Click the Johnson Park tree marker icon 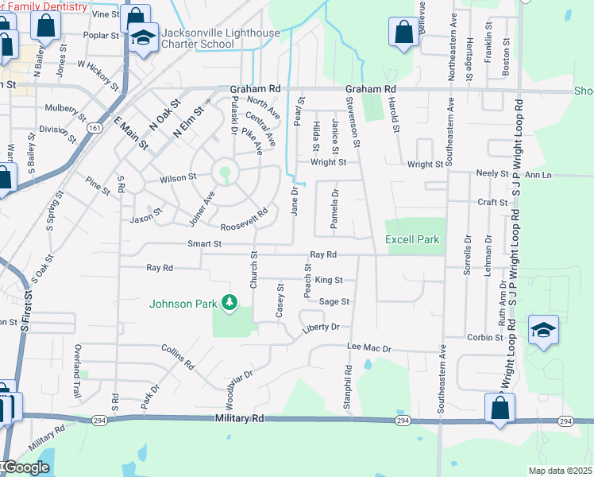229,302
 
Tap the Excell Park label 412,239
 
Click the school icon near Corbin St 543,330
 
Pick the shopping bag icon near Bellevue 403,33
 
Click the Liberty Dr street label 321,327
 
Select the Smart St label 204,243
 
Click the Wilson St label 177,178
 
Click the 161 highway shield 95,127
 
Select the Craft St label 492,203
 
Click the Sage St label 334,301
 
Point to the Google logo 25,467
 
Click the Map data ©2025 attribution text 560,471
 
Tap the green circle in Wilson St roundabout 225,171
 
